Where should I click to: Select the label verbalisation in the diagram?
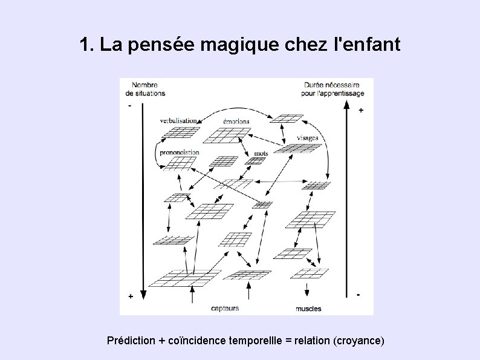180,120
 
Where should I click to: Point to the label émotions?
236,121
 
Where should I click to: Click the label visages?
307,138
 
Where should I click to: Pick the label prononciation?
180,152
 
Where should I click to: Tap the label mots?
261,153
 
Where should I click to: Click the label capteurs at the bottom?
225,309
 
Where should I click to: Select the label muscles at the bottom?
308,309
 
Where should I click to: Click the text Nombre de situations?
145,89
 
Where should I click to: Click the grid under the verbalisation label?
183,132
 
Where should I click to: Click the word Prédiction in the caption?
131,341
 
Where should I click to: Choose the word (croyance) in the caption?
358,341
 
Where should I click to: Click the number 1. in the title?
86,45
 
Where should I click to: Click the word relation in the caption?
312,341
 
